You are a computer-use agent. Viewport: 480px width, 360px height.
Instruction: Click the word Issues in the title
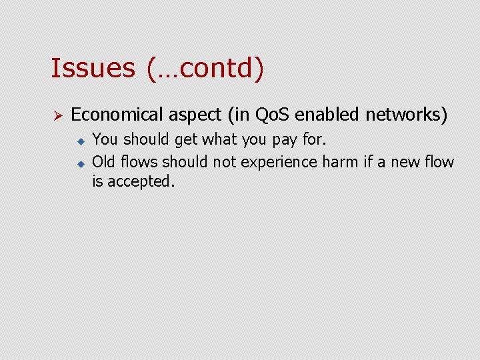tap(93, 68)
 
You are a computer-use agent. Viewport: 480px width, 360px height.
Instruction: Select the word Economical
tap(116, 115)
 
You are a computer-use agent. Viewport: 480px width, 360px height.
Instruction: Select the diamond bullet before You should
tap(79, 141)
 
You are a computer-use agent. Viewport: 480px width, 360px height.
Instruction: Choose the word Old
tap(103, 162)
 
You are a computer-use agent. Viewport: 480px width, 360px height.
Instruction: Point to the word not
tap(225, 162)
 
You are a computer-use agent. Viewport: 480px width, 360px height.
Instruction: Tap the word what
tap(215, 140)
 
